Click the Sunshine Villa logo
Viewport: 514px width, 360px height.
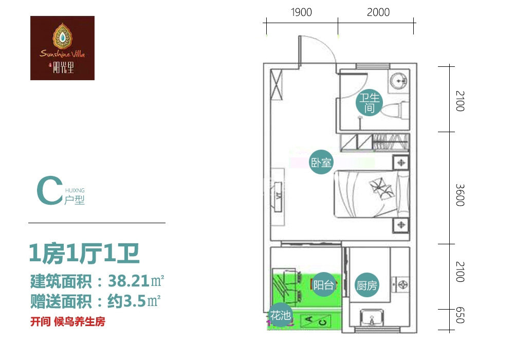click(x=62, y=48)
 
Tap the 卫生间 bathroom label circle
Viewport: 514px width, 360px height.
click(x=369, y=102)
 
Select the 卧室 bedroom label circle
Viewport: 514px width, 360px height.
click(x=321, y=162)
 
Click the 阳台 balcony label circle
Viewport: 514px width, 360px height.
click(x=323, y=284)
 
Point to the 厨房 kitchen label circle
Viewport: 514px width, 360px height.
click(x=366, y=285)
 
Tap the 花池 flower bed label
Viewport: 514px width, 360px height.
click(x=280, y=315)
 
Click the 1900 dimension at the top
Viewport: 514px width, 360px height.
click(x=301, y=12)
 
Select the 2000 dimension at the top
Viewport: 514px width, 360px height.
click(x=378, y=12)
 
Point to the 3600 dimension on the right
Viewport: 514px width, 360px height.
click(x=460, y=195)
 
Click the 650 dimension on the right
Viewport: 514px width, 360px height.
click(x=460, y=315)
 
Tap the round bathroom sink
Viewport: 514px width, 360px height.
click(x=399, y=80)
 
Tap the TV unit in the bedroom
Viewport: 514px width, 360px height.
click(x=278, y=196)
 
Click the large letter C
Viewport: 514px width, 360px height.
click(x=49, y=190)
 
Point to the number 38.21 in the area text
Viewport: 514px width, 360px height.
click(x=129, y=281)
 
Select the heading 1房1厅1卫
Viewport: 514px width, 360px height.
click(x=85, y=254)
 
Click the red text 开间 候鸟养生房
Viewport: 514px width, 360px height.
click(x=68, y=321)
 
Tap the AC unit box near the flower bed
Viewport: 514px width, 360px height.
click(x=316, y=320)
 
